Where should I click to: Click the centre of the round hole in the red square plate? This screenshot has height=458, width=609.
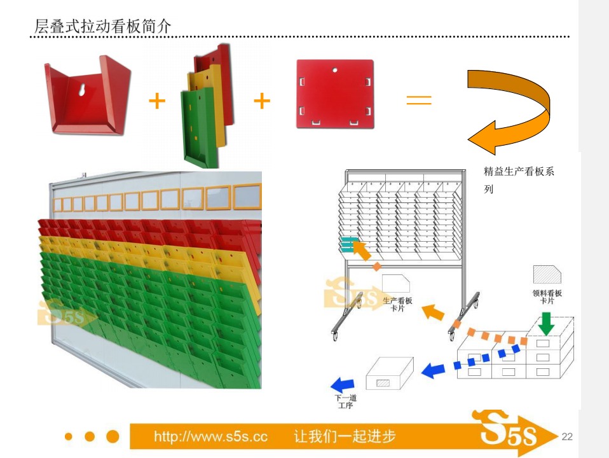coord(335,70)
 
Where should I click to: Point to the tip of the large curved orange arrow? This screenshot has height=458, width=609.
coord(468,139)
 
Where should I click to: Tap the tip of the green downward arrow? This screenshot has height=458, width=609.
coord(547,335)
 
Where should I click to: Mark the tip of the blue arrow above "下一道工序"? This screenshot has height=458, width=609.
coord(331,385)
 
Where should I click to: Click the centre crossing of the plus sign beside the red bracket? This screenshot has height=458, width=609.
coord(157,101)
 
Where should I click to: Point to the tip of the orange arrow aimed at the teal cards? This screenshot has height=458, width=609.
coord(353,242)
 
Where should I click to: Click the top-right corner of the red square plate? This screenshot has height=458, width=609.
coord(373,60)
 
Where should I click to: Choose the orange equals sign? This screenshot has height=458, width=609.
coord(419,101)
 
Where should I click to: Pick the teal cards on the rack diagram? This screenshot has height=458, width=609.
coord(349,244)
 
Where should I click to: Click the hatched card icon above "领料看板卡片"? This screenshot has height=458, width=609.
coord(547,275)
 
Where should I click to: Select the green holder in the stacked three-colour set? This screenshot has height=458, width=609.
coord(200,127)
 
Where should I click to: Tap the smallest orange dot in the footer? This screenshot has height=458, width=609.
coord(69,436)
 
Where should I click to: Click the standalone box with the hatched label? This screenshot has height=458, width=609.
coord(390,373)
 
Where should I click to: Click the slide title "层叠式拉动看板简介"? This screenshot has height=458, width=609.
coord(102,27)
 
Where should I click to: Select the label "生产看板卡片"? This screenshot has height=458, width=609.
coord(397,305)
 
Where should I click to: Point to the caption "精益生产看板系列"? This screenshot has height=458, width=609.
coord(519,180)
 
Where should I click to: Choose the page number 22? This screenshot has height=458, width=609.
coord(567,436)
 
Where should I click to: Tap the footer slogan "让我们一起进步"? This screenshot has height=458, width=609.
coord(345,436)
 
